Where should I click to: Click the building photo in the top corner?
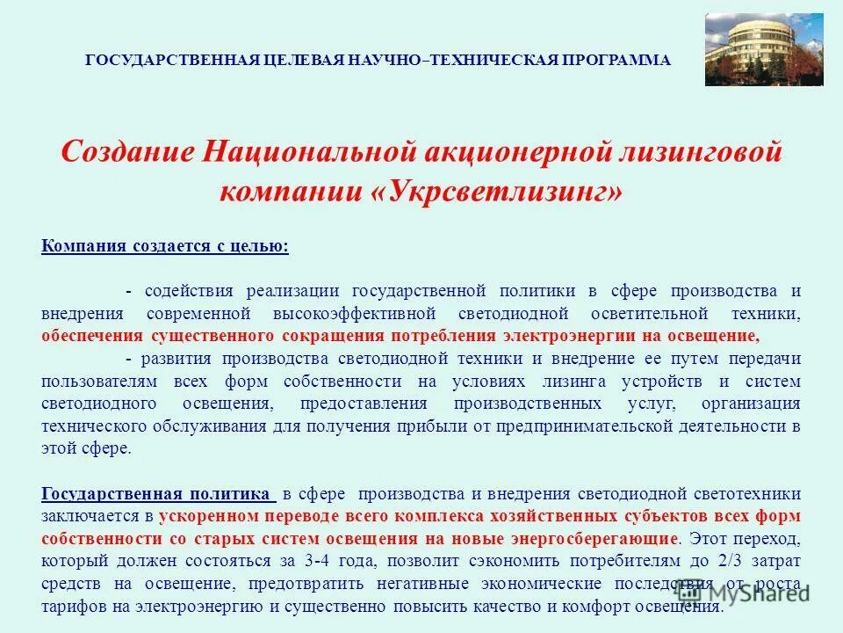coord(764,49)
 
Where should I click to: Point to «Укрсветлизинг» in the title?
coord(503,191)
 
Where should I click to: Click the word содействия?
coord(189,291)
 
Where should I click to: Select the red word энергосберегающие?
coord(607,538)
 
